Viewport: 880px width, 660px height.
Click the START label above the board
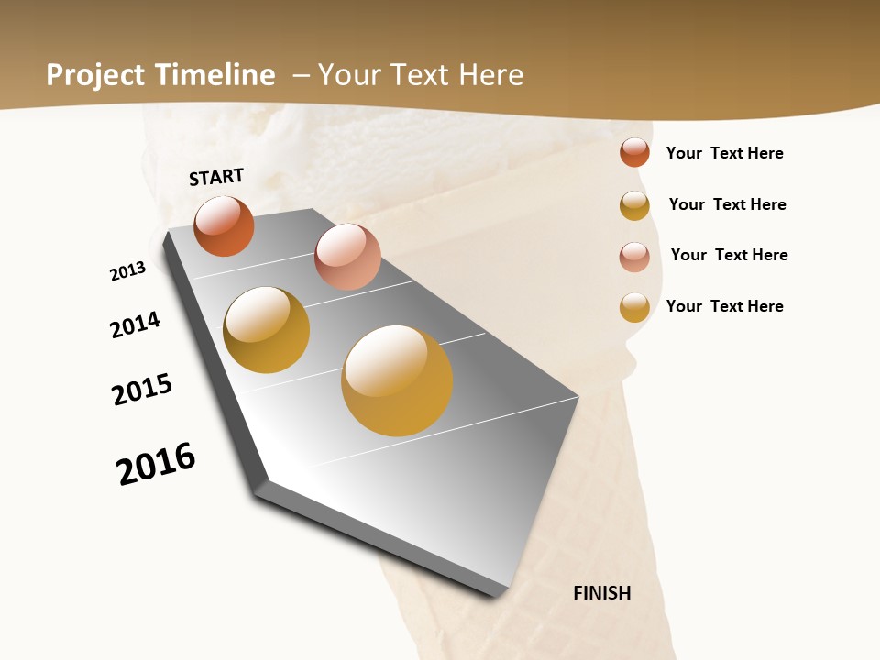[216, 177]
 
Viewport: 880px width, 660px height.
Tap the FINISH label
[602, 593]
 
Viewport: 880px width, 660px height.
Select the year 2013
[127, 271]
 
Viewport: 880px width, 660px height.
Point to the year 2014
[135, 325]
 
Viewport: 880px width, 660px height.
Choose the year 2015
[142, 390]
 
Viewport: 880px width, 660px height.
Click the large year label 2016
[156, 464]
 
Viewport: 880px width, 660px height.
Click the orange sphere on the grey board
[224, 226]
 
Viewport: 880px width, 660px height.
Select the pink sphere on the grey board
[347, 257]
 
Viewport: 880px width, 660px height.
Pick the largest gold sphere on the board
[397, 380]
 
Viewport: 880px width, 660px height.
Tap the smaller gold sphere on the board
[266, 330]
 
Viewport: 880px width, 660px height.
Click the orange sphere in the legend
[634, 153]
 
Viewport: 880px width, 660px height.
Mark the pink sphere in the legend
[634, 256]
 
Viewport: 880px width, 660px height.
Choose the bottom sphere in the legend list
[634, 307]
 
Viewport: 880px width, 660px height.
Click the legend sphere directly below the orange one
[634, 205]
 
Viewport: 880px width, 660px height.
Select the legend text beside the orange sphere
[724, 153]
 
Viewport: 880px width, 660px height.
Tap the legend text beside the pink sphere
[729, 255]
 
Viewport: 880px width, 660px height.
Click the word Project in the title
[96, 75]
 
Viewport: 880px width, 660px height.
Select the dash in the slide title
[301, 75]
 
